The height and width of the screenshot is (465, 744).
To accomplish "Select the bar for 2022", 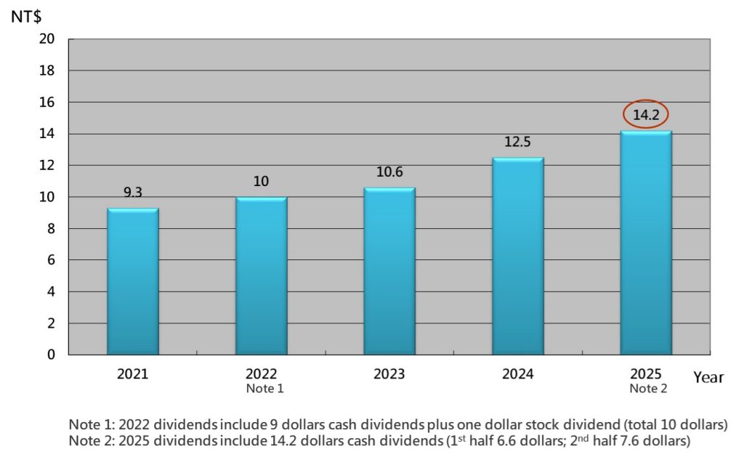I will point(261,276).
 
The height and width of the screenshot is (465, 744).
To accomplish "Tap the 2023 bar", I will point(389,272).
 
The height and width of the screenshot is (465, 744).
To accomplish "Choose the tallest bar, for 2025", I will point(646,243).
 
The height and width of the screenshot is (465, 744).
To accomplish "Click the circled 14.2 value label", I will point(646,115).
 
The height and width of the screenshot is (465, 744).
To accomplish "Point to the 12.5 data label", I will point(518,142).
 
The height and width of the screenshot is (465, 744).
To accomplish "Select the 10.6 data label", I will point(389,172).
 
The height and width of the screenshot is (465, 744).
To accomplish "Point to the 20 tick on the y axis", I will point(48,39).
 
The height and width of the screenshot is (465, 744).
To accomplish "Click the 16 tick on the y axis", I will point(48,102).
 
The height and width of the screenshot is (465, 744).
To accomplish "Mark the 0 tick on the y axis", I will point(52,355).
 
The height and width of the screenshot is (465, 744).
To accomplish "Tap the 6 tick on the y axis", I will point(52,260).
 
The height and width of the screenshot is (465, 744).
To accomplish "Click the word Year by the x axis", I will point(708,377).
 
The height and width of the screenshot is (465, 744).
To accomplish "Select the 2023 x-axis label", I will point(389,374).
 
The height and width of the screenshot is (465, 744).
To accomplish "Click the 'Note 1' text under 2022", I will point(261,389).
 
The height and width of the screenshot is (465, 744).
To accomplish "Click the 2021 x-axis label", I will point(133,374).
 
